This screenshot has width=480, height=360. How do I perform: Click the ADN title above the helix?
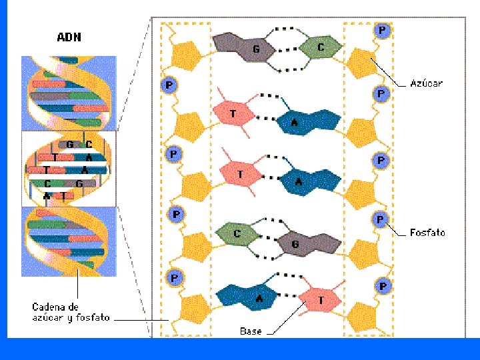coord(69,37)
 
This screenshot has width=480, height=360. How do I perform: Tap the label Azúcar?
coord(426,84)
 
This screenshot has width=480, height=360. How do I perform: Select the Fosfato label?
coord(427,233)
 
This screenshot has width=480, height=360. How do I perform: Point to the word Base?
coord(251,331)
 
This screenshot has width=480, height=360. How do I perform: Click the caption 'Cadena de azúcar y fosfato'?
coord(71,313)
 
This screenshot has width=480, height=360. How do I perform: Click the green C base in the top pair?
coord(321,47)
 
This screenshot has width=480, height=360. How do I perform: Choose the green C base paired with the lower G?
coord(238,233)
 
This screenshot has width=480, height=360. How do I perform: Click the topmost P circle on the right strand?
coord(382,31)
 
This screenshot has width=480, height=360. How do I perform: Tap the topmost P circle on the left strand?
coord(170,85)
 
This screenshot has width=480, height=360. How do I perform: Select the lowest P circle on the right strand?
coord(383,286)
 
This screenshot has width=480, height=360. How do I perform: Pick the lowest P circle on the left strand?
coord(174,277)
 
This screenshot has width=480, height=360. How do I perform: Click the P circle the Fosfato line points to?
coord(380,219)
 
